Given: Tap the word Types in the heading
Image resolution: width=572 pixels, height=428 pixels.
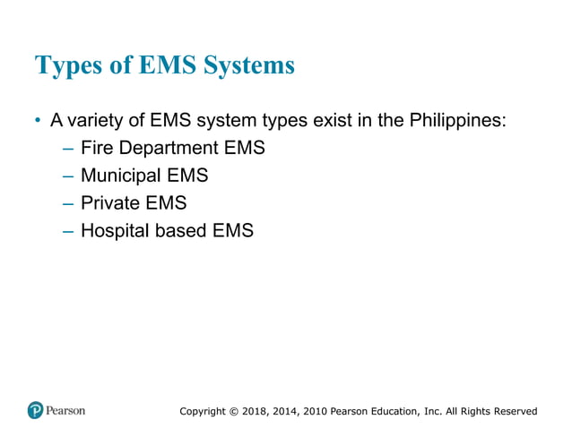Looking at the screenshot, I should click(65, 66).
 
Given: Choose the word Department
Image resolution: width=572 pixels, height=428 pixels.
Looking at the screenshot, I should click(169, 148).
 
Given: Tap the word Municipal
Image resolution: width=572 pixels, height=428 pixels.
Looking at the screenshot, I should click(121, 175).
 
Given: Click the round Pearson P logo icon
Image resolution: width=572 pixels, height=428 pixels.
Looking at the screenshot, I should click(35, 410).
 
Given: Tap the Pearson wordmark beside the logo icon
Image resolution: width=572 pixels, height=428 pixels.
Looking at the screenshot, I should click(66, 410).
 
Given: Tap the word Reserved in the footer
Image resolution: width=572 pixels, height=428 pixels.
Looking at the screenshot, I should click(514, 411).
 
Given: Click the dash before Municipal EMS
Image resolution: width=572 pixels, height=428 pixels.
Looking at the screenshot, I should click(68, 175).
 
